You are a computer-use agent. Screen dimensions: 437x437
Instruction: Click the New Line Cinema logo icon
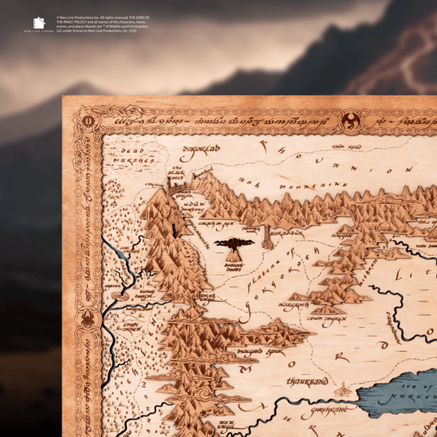pos(39,24)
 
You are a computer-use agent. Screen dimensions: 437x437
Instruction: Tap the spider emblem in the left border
pos(87,320)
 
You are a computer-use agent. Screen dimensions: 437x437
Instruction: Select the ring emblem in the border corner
pos(87,122)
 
